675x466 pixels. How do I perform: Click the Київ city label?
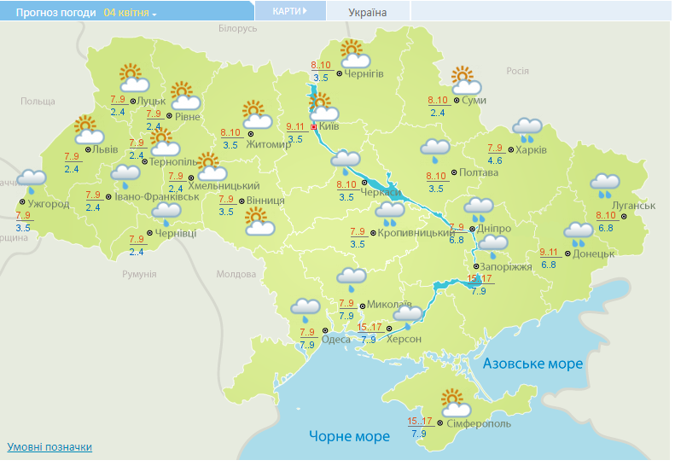point(329,127)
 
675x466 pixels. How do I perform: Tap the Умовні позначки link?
point(49,447)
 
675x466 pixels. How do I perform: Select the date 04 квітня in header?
point(125,13)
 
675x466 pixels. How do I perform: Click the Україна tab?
point(368,12)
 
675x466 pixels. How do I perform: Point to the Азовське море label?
point(532,364)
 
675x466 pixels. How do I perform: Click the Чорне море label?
point(349,436)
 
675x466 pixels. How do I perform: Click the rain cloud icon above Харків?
point(527,129)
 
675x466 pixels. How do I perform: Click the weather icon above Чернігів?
point(354,55)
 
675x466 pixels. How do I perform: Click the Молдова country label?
point(236,275)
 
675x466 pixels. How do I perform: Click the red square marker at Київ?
point(313,127)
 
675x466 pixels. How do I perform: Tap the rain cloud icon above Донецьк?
point(578,232)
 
